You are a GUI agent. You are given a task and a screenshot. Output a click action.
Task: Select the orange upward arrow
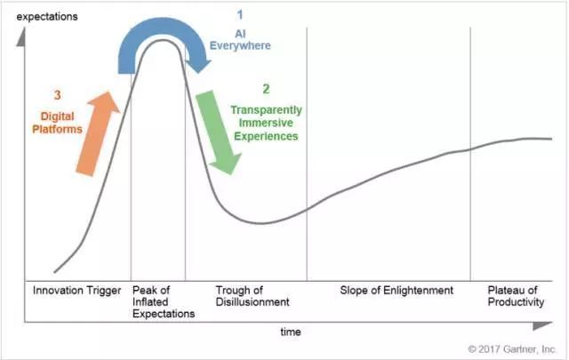pyautogui.click(x=97, y=133)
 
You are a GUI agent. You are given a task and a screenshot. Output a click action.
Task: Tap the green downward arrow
pyautogui.click(x=219, y=132)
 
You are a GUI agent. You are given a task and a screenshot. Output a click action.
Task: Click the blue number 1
pyautogui.click(x=240, y=15)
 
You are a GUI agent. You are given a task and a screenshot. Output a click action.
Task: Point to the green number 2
pyautogui.click(x=267, y=89)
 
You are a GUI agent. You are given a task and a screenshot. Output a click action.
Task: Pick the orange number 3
pyautogui.click(x=57, y=95)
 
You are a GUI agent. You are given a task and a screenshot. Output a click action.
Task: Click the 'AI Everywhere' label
pyautogui.click(x=240, y=40)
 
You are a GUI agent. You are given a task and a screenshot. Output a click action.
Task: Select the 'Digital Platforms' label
pyautogui.click(x=57, y=123)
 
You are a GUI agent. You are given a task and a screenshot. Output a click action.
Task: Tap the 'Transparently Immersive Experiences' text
pyautogui.click(x=267, y=123)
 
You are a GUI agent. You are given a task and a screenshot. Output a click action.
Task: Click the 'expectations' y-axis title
pyautogui.click(x=47, y=17)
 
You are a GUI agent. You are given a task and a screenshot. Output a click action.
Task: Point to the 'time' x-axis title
pyautogui.click(x=291, y=332)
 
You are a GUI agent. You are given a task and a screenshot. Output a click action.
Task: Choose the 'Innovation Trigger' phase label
pyautogui.click(x=76, y=291)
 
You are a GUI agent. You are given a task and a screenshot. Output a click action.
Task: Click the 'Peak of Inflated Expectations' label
pyautogui.click(x=164, y=302)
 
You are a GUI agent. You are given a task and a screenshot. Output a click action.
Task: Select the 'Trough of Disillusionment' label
pyautogui.click(x=252, y=296)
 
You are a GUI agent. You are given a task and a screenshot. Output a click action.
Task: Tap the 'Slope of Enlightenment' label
pyautogui.click(x=397, y=291)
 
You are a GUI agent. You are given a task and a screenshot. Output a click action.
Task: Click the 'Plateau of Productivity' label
pyautogui.click(x=516, y=296)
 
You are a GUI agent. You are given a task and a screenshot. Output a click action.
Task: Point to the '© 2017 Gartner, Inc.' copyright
pyautogui.click(x=512, y=349)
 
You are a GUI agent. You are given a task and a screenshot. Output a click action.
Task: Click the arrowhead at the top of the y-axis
pyautogui.click(x=21, y=36)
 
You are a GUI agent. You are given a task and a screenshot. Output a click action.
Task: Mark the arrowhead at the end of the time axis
pyautogui.click(x=543, y=325)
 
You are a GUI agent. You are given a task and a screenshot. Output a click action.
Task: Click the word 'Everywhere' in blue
pyautogui.click(x=240, y=45)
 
